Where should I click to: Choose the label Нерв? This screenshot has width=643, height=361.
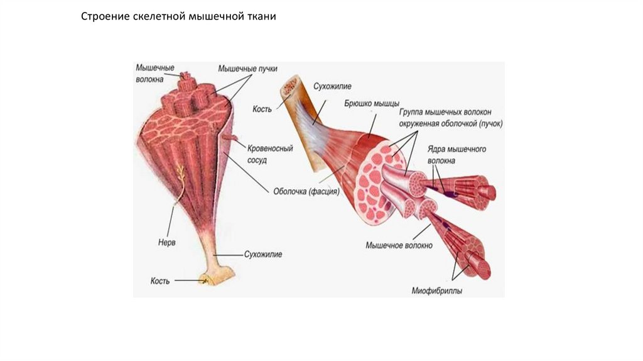[166, 242]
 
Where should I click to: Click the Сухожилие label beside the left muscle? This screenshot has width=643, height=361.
[262, 255]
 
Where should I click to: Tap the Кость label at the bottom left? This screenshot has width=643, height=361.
[160, 281]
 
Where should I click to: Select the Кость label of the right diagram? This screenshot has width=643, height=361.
[262, 109]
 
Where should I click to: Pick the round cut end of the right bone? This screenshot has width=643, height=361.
[291, 86]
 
